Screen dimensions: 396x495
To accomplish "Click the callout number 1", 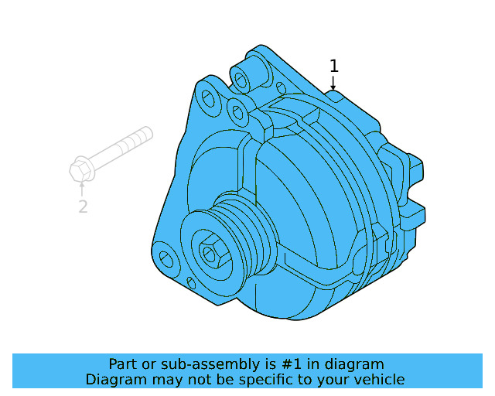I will (333, 65).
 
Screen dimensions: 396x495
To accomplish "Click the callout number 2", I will (83, 207).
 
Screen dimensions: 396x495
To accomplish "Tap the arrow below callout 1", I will (333, 83).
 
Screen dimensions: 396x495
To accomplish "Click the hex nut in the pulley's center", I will (210, 253).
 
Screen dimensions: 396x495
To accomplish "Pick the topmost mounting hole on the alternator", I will (242, 79).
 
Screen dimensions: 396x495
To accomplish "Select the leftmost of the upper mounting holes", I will (207, 98).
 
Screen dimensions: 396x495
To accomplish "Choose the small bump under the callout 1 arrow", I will (335, 95).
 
